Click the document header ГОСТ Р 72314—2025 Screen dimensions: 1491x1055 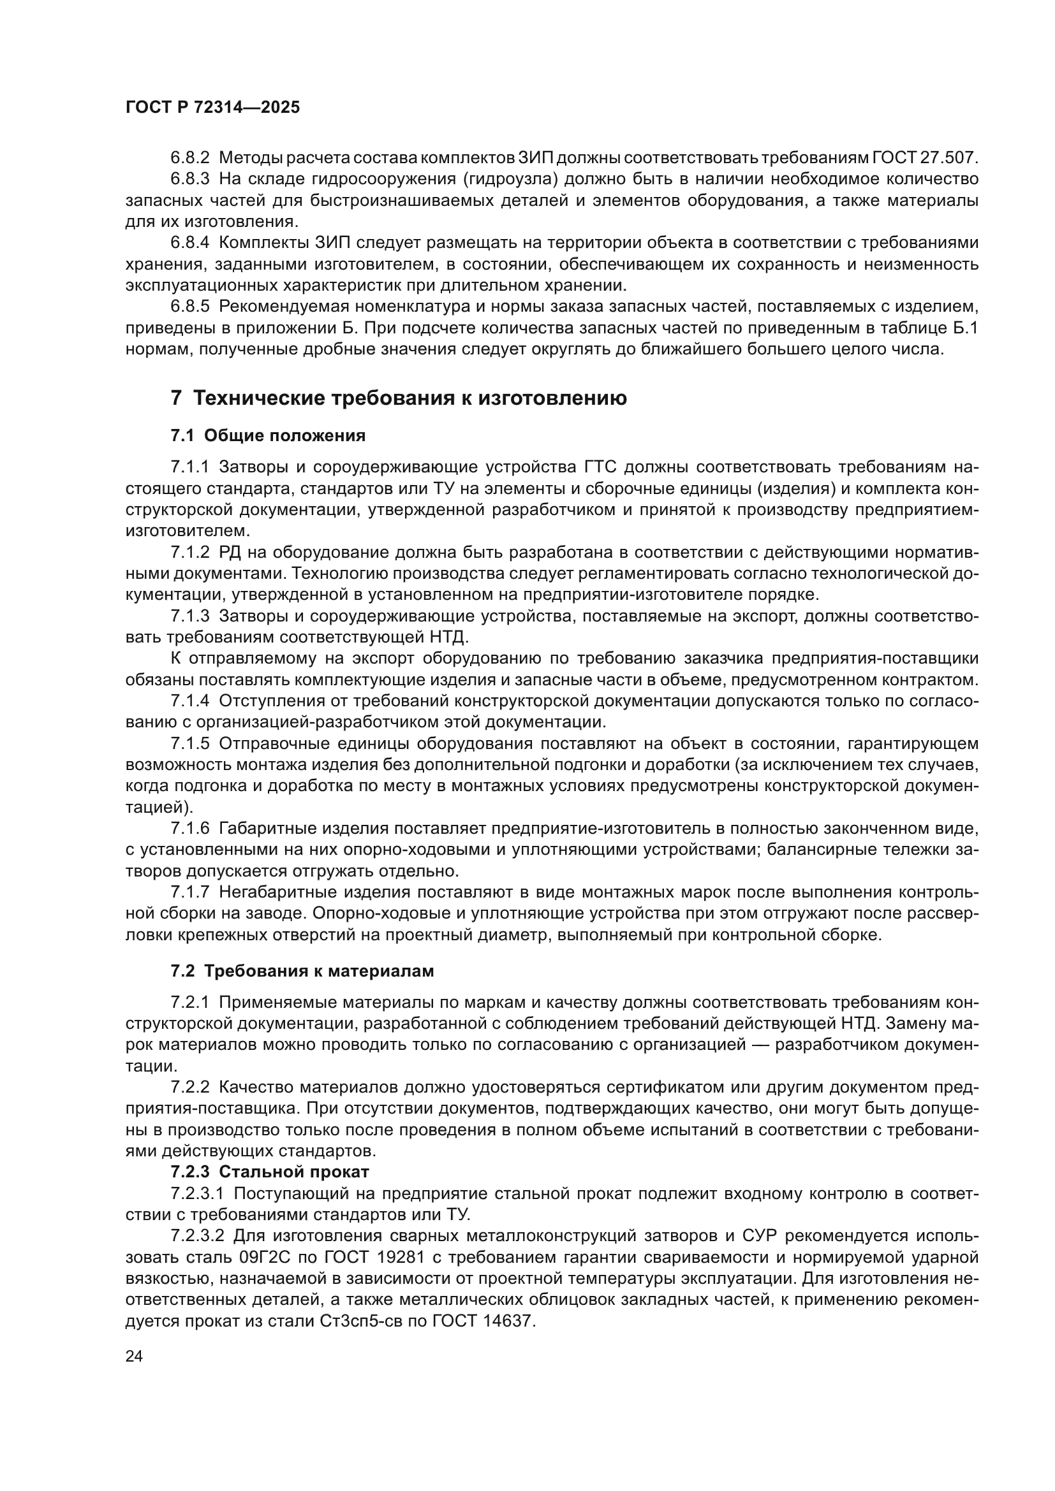click(212, 108)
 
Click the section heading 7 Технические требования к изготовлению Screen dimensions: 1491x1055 click(398, 398)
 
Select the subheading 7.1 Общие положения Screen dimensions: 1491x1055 click(268, 436)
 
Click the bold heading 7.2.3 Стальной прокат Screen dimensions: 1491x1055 click(270, 1172)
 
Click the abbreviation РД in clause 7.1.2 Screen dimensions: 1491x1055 click(231, 553)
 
